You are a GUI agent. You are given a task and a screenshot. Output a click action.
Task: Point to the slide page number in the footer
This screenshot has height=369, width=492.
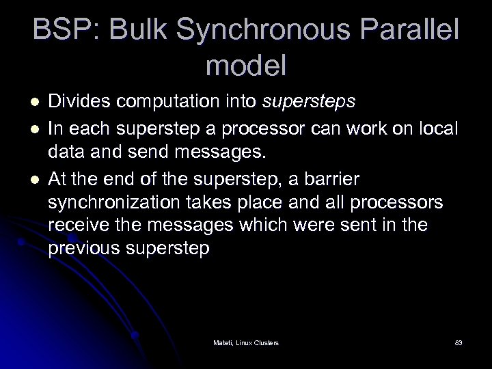tap(458, 342)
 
